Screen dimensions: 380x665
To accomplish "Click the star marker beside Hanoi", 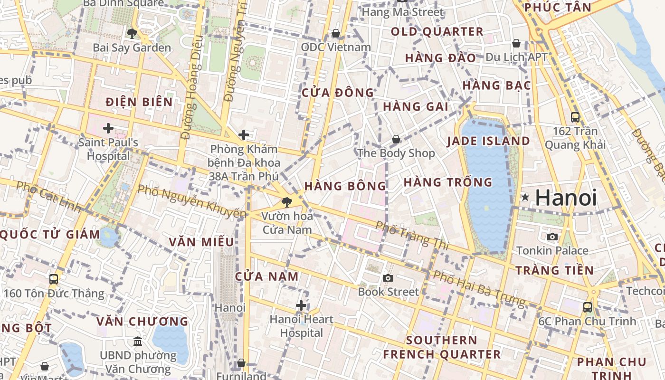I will tap(525, 197).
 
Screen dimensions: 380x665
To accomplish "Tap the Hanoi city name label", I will tap(566, 198).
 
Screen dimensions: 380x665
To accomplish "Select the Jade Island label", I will tap(488, 141).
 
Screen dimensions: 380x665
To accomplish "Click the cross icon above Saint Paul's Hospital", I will tap(108, 128).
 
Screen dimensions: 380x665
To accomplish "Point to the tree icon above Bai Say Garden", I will tap(132, 33).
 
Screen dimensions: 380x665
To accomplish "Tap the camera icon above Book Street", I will tap(388, 278).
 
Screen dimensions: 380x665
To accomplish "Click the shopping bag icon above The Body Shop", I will tap(396, 139).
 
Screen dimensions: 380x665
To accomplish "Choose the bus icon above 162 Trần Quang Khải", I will tap(575, 117).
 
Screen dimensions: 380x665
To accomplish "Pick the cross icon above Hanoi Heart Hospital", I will tap(301, 305).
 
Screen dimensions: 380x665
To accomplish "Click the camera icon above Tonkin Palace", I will tap(552, 237).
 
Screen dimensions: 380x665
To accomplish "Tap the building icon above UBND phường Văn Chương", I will tap(138, 341).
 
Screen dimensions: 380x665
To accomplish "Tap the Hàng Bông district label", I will tap(345, 186).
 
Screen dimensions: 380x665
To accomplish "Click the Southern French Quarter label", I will tap(442, 347).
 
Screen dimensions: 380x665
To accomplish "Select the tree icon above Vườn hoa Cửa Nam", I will tap(286, 202).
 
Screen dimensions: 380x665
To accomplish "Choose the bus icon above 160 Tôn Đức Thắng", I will tap(54, 279).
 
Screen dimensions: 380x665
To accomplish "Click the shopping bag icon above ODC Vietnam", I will tap(336, 33).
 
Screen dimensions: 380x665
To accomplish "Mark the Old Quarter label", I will tap(437, 32).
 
